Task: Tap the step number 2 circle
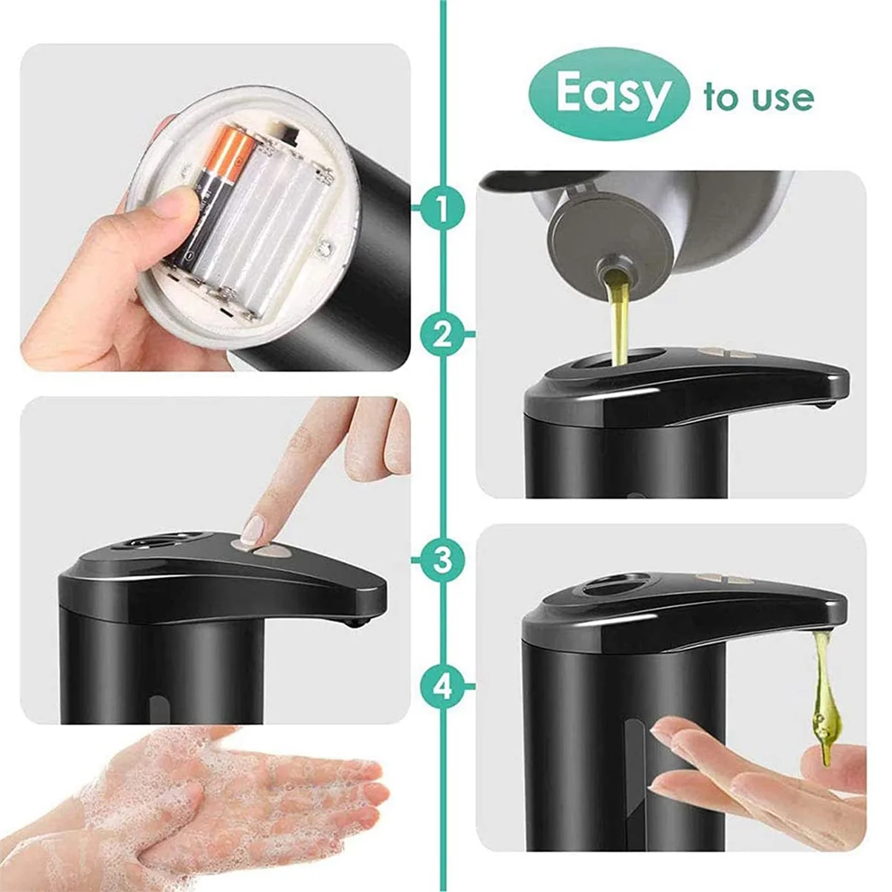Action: coord(442,334)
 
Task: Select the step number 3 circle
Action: coord(442,560)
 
